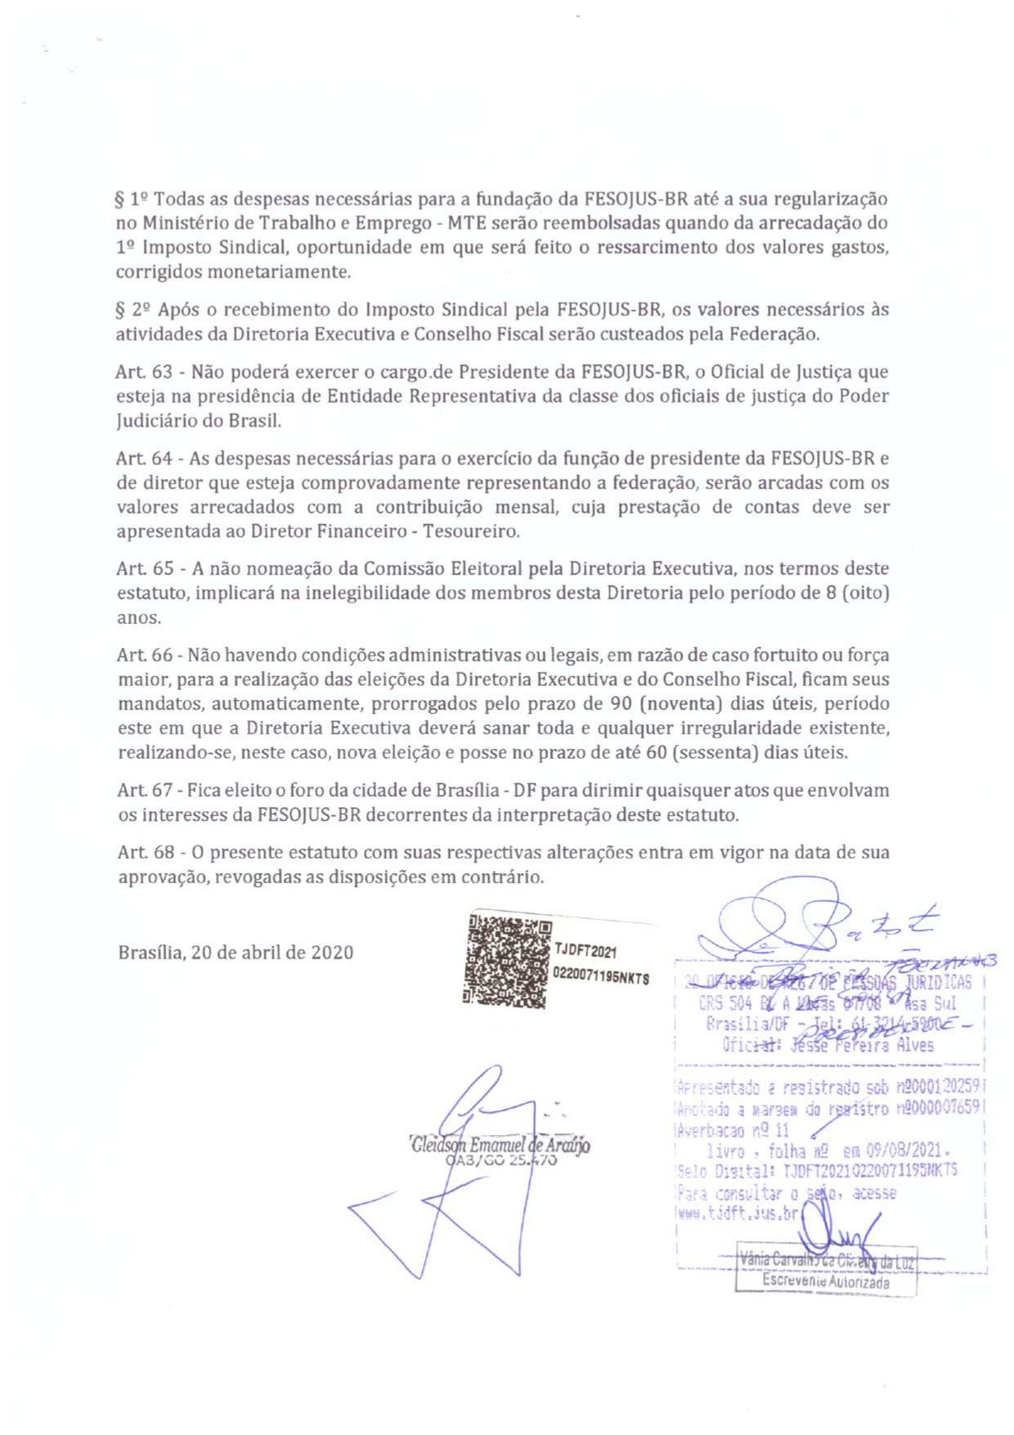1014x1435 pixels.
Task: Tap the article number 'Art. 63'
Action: click(144, 372)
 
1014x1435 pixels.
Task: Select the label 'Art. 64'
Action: click(144, 458)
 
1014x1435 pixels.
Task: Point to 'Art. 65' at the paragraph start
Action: click(145, 568)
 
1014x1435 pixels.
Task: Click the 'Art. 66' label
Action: click(144, 655)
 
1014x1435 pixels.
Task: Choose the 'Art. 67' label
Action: click(144, 791)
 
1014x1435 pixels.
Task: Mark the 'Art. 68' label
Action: click(145, 852)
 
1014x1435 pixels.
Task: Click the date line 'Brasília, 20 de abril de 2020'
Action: click(236, 953)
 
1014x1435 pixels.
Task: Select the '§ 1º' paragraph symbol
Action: click(131, 199)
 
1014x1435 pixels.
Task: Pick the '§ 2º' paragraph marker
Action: click(132, 310)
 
